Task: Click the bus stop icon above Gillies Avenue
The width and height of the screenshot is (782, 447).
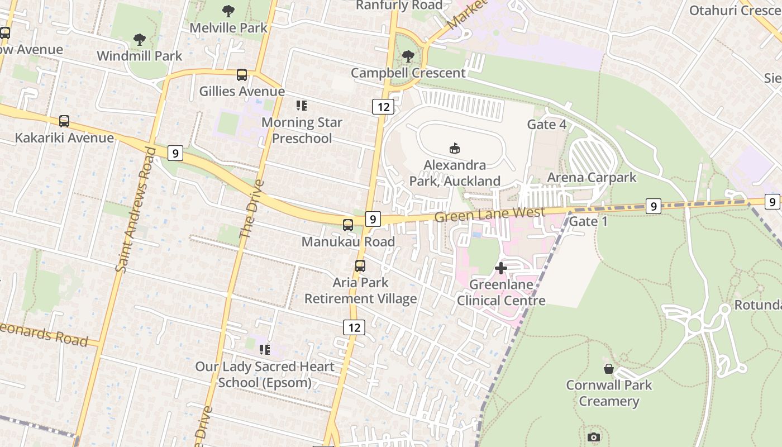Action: click(242, 75)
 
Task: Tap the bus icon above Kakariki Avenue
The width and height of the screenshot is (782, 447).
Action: click(64, 121)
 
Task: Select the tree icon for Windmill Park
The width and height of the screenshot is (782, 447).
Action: click(140, 40)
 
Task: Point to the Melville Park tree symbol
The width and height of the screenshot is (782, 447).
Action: click(228, 11)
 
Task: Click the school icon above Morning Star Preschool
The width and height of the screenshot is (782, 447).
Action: click(302, 106)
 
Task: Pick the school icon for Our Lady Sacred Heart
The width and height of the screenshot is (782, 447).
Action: click(265, 350)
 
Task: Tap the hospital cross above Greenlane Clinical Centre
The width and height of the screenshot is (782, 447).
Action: click(501, 268)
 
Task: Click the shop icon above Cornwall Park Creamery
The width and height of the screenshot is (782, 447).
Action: click(609, 369)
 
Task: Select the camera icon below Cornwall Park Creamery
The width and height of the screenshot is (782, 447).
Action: click(594, 437)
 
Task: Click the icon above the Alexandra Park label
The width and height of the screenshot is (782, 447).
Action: click(455, 148)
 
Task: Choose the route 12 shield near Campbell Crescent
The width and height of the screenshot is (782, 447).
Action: click(383, 107)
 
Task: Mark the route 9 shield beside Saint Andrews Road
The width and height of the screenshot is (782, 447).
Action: click(175, 153)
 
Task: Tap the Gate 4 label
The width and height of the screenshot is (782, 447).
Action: click(547, 124)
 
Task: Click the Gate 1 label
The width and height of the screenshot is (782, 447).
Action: click(588, 221)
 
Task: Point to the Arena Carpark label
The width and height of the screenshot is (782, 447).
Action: click(592, 178)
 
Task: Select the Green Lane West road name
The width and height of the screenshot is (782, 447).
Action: click(489, 214)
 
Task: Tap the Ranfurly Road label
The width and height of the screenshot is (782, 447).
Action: click(399, 6)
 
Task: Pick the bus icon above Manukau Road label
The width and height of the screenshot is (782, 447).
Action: click(348, 225)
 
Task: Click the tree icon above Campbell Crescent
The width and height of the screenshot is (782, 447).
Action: click(408, 56)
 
